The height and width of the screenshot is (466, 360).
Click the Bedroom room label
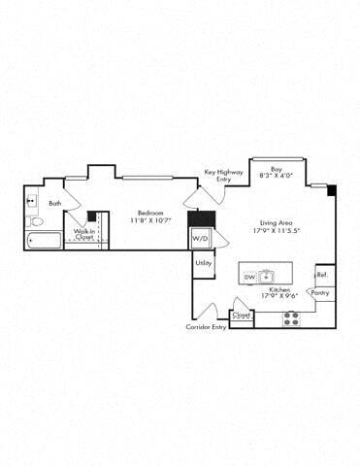pyautogui.click(x=149, y=213)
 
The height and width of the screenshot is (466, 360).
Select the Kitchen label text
pyautogui.click(x=280, y=290)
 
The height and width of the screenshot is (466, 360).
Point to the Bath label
pyautogui.click(x=55, y=203)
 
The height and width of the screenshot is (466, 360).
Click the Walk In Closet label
pyautogui.click(x=84, y=233)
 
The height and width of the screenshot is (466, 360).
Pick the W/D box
pyautogui.click(x=200, y=238)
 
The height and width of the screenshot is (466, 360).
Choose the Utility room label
pyautogui.click(x=203, y=262)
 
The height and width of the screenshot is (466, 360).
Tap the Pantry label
pyautogui.click(x=321, y=292)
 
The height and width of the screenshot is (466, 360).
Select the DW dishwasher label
pyautogui.click(x=249, y=278)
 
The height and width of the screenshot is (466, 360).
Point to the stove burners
pyautogui.click(x=290, y=317)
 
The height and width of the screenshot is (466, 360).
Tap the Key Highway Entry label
pyautogui.click(x=224, y=176)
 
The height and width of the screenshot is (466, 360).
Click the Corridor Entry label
pyautogui.click(x=206, y=327)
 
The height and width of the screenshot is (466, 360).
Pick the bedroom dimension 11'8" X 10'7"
pyautogui.click(x=149, y=220)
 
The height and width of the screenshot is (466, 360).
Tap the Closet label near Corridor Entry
pyautogui.click(x=242, y=316)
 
